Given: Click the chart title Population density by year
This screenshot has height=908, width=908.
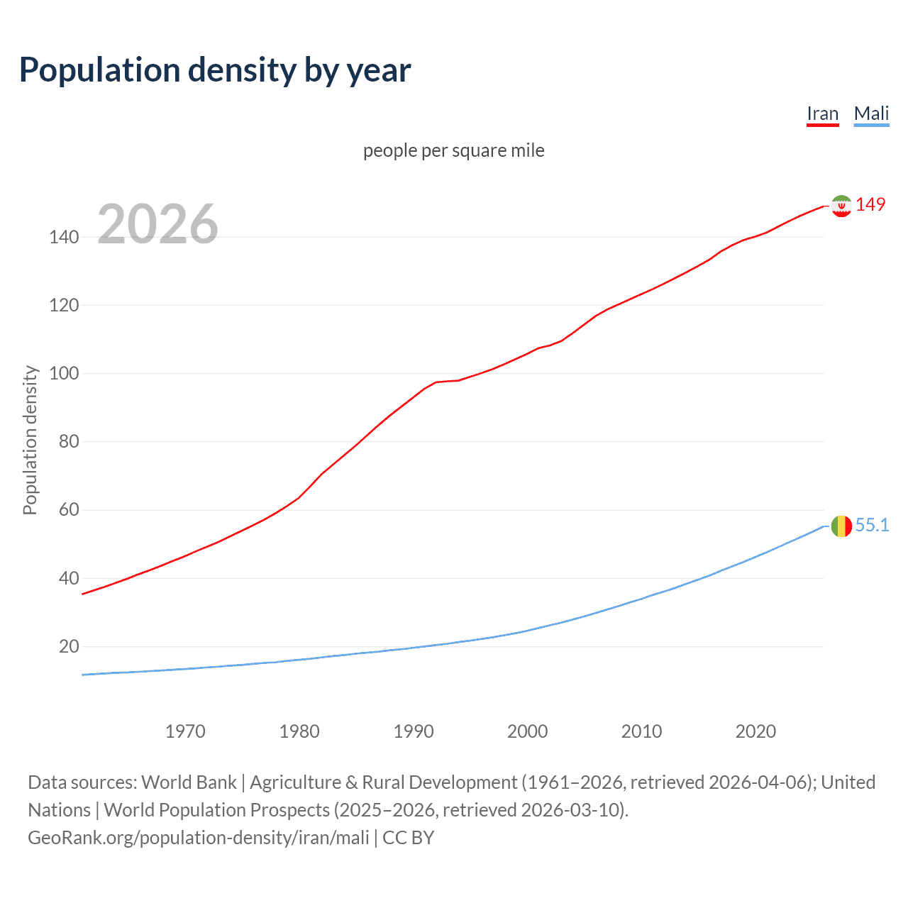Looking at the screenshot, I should pyautogui.click(x=215, y=70).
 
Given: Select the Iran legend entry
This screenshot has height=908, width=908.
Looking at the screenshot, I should pyautogui.click(x=822, y=113).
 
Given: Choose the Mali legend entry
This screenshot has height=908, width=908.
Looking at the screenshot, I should pyautogui.click(x=871, y=113).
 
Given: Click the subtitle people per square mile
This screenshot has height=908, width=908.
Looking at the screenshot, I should pyautogui.click(x=454, y=150).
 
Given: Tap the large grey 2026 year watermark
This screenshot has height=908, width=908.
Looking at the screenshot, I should pyautogui.click(x=157, y=224).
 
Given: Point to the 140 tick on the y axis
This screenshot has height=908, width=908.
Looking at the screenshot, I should pyautogui.click(x=64, y=237).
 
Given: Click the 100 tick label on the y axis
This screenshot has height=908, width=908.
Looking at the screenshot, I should pyautogui.click(x=64, y=373).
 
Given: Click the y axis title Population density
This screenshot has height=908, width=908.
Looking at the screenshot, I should pyautogui.click(x=30, y=440).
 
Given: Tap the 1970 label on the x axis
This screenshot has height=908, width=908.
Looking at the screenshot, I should pyautogui.click(x=185, y=731).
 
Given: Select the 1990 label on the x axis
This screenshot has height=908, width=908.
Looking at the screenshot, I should pyautogui.click(x=414, y=731).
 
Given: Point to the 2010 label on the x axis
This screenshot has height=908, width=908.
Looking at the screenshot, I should pyautogui.click(x=641, y=731).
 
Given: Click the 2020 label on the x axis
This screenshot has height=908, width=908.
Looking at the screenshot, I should pyautogui.click(x=755, y=731).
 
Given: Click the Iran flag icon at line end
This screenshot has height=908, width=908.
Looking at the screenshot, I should pyautogui.click(x=841, y=206).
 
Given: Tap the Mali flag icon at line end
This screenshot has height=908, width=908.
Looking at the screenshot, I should pyautogui.click(x=841, y=526).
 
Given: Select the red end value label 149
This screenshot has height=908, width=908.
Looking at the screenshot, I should pyautogui.click(x=870, y=204).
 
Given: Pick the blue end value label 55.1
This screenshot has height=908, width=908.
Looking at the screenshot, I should pyautogui.click(x=872, y=525).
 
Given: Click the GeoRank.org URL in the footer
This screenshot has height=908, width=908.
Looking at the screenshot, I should pyautogui.click(x=199, y=838).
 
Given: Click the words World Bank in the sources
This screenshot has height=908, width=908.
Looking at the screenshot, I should pyautogui.click(x=189, y=782).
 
